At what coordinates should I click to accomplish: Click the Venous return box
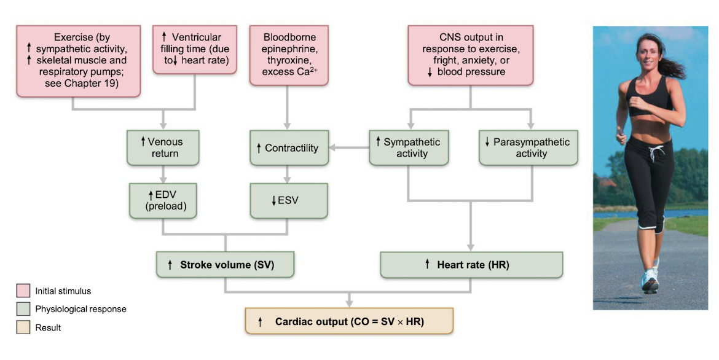pyautogui.click(x=163, y=147)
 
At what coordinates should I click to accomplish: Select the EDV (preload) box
pyautogui.click(x=163, y=200)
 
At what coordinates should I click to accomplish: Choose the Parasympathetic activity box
pyautogui.click(x=528, y=147)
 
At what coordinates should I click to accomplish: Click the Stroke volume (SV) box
pyautogui.click(x=226, y=265)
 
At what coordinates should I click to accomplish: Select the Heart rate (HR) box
pyautogui.click(x=471, y=265)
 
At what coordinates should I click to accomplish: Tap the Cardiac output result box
pyautogui.click(x=349, y=321)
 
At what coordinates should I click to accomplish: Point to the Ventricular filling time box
pyautogui.click(x=195, y=49)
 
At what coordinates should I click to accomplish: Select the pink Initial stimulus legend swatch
pyautogui.click(x=23, y=291)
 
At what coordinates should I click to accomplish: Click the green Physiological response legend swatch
pyautogui.click(x=23, y=309)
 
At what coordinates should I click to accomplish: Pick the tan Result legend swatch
pyautogui.click(x=23, y=327)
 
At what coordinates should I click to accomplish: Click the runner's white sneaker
pyautogui.click(x=650, y=281)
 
